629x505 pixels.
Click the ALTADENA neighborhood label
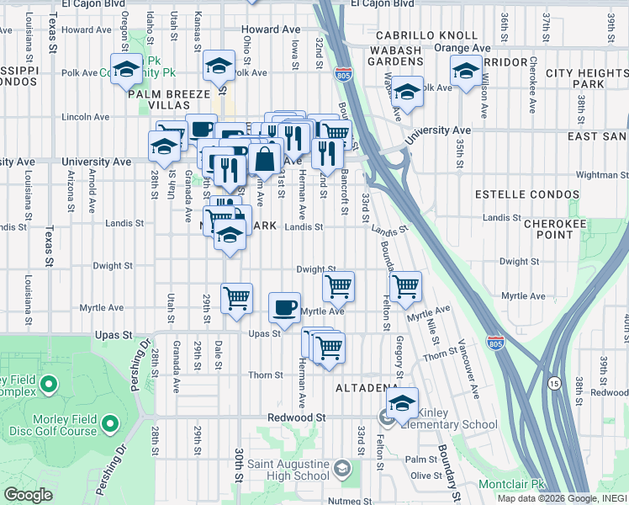pos(367,388)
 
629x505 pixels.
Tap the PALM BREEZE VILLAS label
pos(171,101)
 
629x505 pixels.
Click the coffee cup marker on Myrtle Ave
pos(284,306)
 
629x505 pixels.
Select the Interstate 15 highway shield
pos(553,384)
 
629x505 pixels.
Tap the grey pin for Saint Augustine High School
pos(341,465)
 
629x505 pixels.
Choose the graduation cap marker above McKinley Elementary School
pos(403,401)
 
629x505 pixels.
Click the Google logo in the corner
pos(29,495)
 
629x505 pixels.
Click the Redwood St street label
pos(296,417)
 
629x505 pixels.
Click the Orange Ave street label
pos(462,48)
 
